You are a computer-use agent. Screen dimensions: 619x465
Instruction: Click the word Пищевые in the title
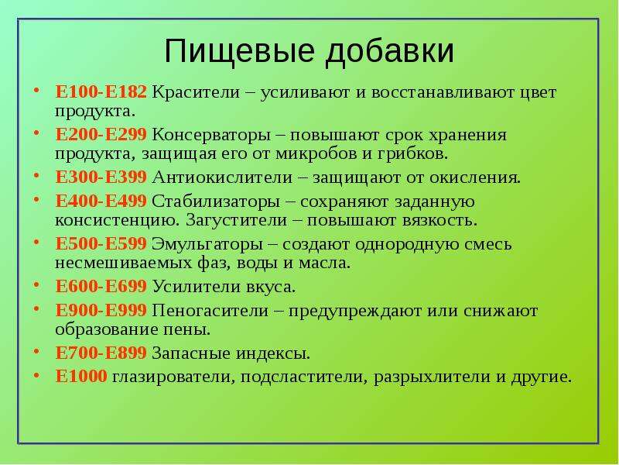(239, 51)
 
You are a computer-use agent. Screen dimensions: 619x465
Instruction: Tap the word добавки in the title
(389, 50)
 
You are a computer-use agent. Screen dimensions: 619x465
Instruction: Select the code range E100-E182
(101, 92)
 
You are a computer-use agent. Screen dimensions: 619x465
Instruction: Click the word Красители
(196, 92)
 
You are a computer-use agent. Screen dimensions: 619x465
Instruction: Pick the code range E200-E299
(101, 135)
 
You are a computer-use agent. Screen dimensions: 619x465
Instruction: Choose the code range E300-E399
(101, 177)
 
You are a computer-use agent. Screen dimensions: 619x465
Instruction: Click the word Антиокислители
(222, 178)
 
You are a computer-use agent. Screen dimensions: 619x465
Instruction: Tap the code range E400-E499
(101, 201)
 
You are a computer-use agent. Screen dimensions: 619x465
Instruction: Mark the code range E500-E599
(101, 244)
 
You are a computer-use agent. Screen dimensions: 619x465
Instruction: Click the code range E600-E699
(101, 287)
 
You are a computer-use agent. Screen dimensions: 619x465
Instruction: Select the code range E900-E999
(101, 311)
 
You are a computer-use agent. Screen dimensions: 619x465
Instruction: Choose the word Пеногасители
(210, 312)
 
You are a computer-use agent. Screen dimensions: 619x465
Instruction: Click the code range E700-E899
(101, 353)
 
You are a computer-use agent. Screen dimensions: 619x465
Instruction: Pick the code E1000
(81, 377)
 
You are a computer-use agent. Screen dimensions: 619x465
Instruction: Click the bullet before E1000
(36, 375)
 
